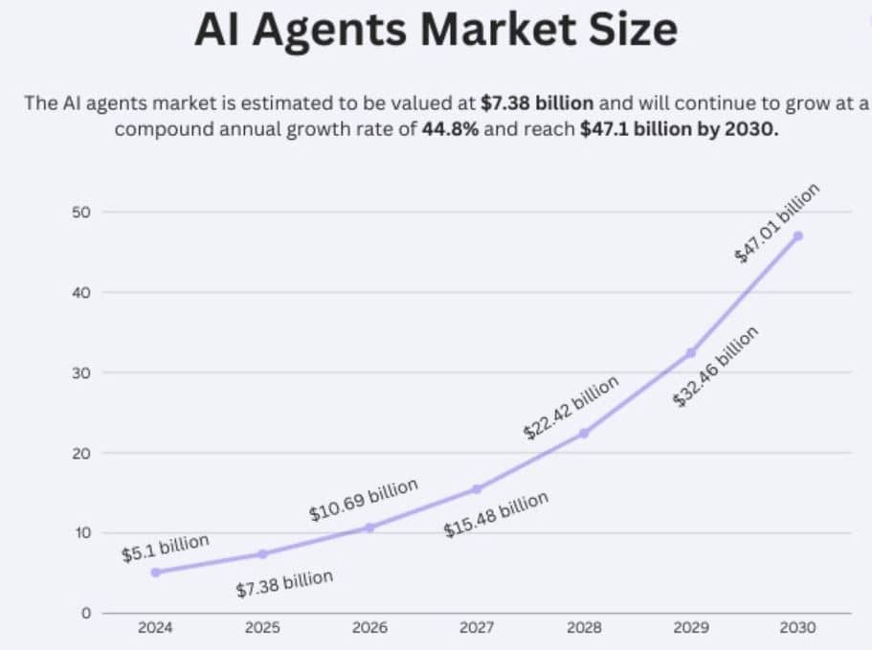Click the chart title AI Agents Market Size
pos(436,30)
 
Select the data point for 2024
pos(155,572)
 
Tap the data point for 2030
pos(797,235)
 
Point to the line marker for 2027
pos(477,489)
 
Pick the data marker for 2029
pos(691,353)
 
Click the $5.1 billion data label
pos(165,549)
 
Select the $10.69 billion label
pos(364,500)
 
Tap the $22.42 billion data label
pos(570,407)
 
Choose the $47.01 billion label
pos(777,223)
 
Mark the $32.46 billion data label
pos(716,367)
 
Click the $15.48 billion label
pos(496,514)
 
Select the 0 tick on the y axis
pos(85,613)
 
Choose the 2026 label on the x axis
pos(369,628)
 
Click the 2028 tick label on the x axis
pos(584,628)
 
